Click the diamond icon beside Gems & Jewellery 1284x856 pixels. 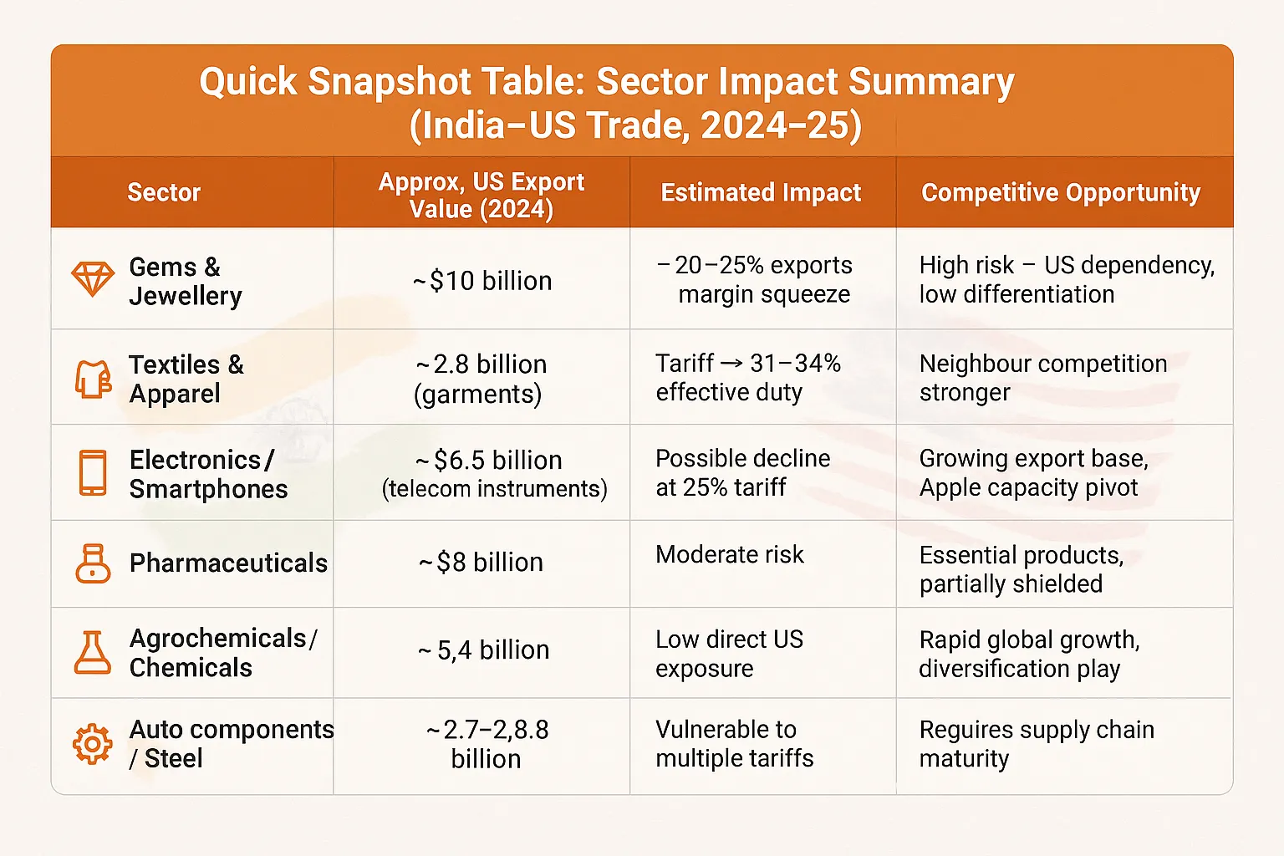(x=92, y=279)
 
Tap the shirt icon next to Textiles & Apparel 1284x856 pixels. (x=93, y=379)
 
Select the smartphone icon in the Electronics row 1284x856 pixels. (x=93, y=473)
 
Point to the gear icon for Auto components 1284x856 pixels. (x=92, y=743)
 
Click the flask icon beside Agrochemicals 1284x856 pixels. (x=92, y=652)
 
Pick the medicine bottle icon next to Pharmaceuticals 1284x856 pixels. (x=93, y=563)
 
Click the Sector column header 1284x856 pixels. (x=164, y=193)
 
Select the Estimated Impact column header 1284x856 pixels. (x=761, y=193)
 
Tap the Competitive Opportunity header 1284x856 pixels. (x=1061, y=193)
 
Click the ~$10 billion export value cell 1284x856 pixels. (x=482, y=281)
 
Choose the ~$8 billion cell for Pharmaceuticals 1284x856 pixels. (x=481, y=563)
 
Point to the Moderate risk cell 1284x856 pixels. (x=730, y=555)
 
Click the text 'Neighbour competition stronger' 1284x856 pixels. (x=1042, y=378)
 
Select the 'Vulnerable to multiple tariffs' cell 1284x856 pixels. (x=734, y=743)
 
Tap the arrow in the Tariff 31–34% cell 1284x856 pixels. (x=731, y=364)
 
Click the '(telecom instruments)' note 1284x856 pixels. (x=494, y=489)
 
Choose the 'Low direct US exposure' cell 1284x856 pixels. (x=729, y=654)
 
